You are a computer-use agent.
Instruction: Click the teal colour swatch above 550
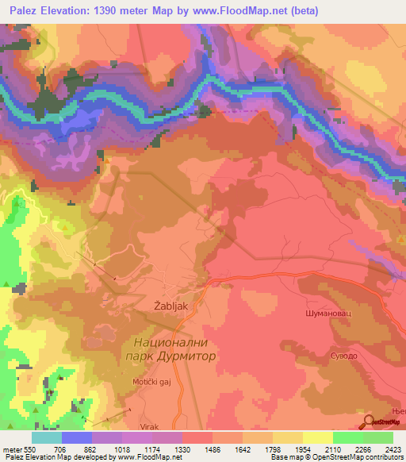[x=47, y=437]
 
